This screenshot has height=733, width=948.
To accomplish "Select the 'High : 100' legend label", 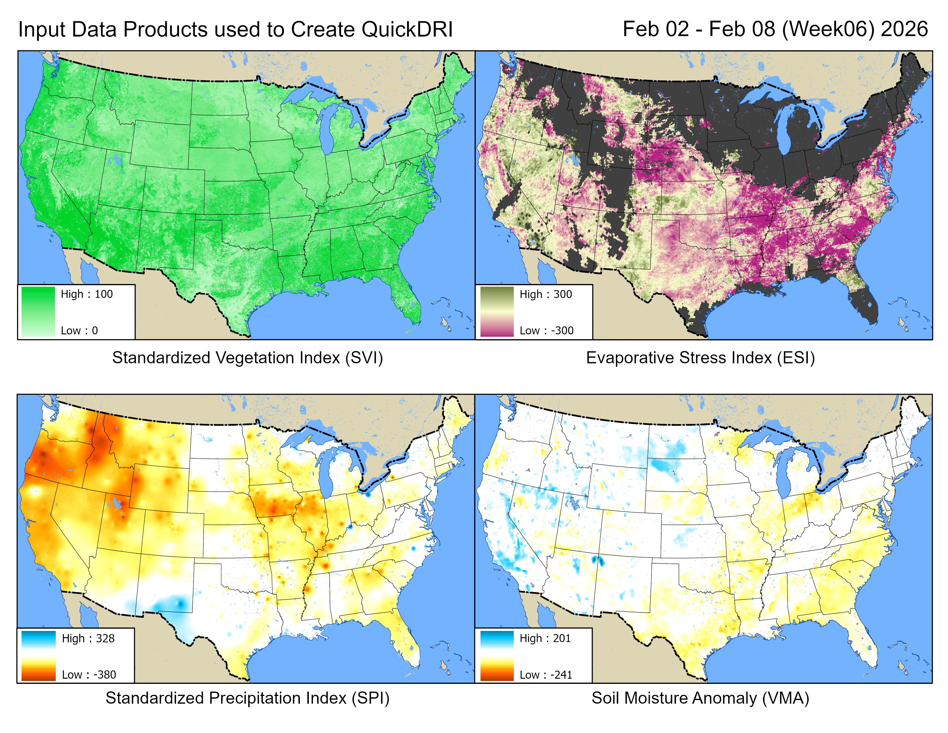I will click(86, 294).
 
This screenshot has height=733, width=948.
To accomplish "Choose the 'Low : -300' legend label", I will click(546, 331).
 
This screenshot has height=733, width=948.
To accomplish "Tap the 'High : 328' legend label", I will click(88, 638).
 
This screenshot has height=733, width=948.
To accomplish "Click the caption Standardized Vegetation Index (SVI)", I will click(247, 358).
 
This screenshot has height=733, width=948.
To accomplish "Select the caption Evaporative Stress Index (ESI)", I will click(700, 358).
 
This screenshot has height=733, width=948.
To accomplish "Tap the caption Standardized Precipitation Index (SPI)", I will click(247, 698).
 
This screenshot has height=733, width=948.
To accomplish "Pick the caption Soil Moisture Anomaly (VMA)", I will click(700, 698).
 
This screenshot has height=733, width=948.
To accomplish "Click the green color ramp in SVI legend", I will click(38, 312).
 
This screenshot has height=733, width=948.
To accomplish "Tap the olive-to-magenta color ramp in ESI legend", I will click(497, 312).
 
